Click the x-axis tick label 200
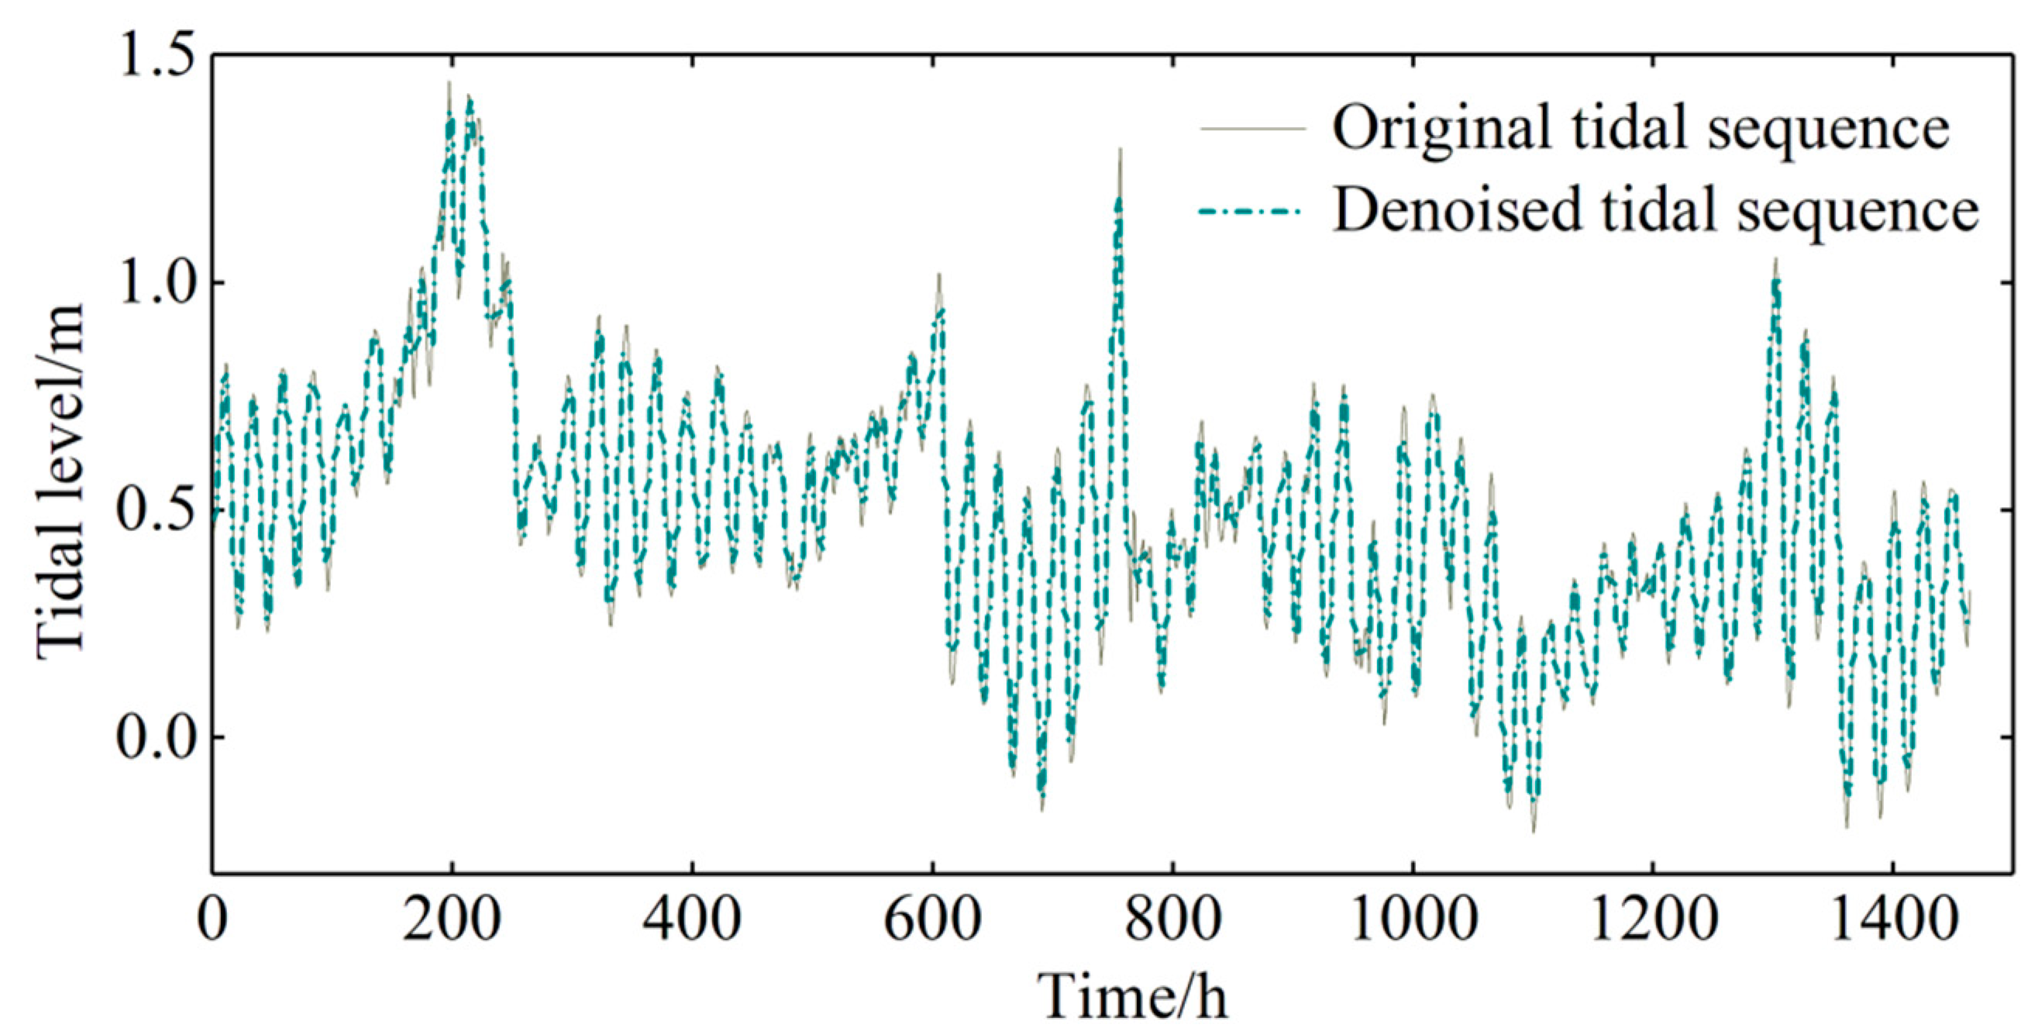point(451,920)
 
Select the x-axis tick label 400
point(691,920)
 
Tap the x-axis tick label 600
point(932,920)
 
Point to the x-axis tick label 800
point(1172,920)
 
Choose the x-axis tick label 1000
point(1413,920)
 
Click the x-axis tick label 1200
point(1654,920)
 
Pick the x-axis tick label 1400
point(1894,920)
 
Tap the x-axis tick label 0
point(212,920)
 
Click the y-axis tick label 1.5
point(155,57)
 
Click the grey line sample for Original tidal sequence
point(1252,128)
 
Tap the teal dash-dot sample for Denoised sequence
point(1252,212)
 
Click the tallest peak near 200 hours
point(449,84)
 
